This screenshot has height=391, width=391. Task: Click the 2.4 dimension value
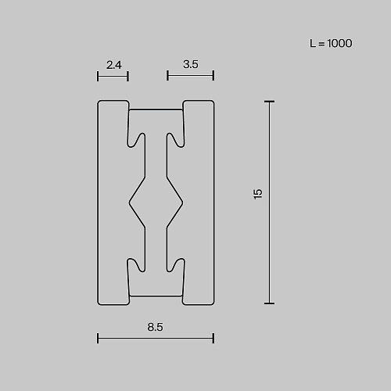click(114, 65)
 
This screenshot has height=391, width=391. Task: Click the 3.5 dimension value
click(191, 64)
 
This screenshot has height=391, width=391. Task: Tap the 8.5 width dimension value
click(156, 327)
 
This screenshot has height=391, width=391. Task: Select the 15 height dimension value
click(257, 194)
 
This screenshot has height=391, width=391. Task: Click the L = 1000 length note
click(331, 43)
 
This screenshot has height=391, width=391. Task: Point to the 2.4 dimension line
click(113, 77)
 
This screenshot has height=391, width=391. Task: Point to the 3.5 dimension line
click(191, 76)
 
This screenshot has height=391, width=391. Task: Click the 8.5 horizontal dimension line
click(156, 339)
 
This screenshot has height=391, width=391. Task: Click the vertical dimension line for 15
click(269, 203)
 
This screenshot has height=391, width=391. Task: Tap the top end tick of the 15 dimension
click(269, 102)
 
